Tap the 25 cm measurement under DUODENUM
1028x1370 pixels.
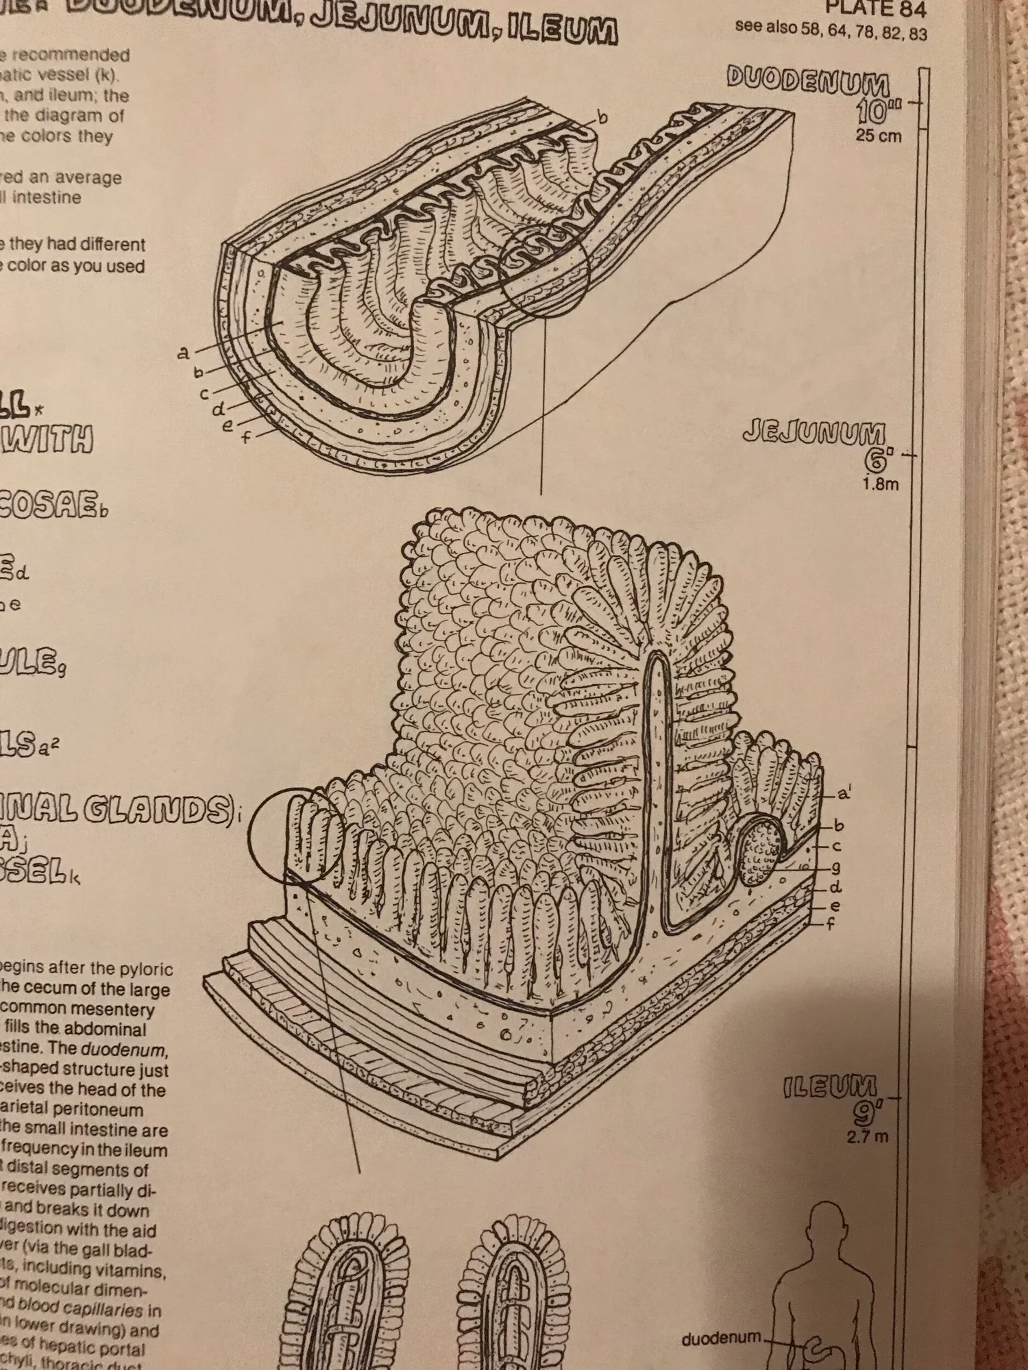(878, 136)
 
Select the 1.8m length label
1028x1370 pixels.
(880, 484)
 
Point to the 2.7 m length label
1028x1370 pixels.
(868, 1137)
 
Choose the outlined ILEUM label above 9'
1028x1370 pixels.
(830, 1087)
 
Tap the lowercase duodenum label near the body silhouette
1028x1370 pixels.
(721, 1336)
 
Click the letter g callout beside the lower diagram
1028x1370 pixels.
(835, 869)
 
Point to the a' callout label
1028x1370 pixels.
(844, 795)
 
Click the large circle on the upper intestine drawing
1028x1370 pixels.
(545, 271)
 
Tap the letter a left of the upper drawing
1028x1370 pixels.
(183, 353)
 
